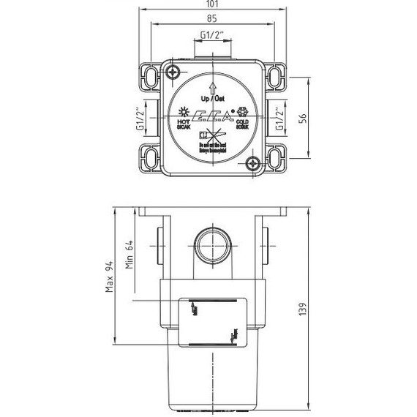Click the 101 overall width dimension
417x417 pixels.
(211, 5)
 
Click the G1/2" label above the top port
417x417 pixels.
(211, 36)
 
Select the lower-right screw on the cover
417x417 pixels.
(252, 163)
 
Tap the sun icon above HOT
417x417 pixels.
(183, 112)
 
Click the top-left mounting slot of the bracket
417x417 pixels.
(149, 75)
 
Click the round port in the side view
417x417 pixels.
(212, 246)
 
